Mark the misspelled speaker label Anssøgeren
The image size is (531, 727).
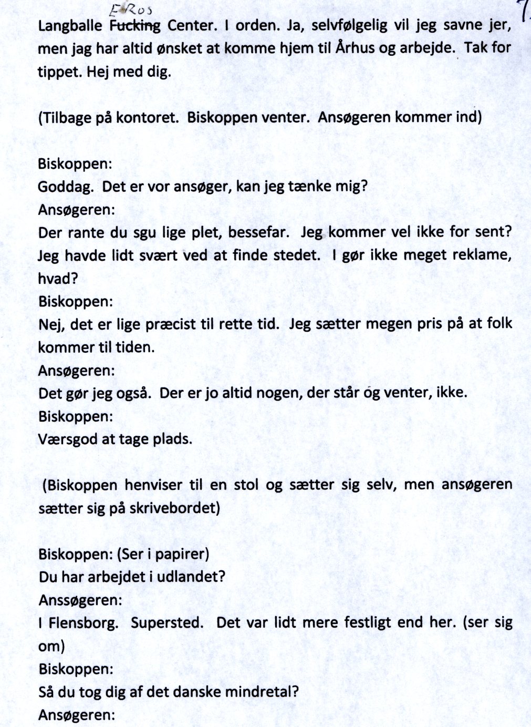[80, 600]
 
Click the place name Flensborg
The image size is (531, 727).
[84, 623]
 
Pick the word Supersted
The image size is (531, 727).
[165, 623]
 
